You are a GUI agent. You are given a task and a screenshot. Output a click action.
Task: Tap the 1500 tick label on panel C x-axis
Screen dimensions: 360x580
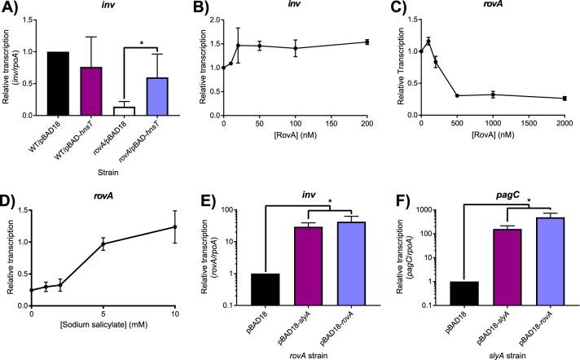tap(521, 144)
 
